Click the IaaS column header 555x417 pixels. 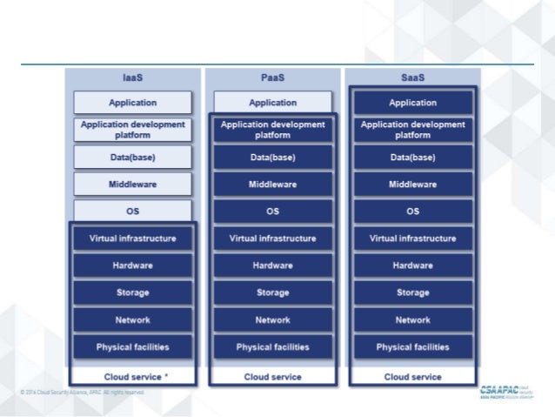pos(132,77)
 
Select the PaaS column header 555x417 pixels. pos(272,77)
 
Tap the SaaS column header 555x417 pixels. pos(412,77)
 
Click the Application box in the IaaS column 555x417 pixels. pos(132,103)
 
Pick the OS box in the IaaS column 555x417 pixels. pos(132,211)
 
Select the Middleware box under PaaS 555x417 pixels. pos(272,184)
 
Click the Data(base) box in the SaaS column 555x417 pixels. pos(412,157)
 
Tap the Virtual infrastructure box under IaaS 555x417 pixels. pos(132,239)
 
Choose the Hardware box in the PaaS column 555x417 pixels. pos(272,266)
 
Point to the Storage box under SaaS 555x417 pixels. pos(412,293)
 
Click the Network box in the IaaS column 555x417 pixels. pos(132,319)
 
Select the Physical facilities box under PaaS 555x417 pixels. pos(272,346)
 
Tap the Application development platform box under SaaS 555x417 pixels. pos(412,130)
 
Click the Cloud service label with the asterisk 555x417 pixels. pos(132,377)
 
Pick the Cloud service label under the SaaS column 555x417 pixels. pos(412,377)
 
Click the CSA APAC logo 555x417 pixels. pos(508,391)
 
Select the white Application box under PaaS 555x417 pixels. pos(272,103)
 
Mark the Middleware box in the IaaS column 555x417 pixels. pos(132,184)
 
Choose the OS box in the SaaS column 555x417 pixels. pos(412,211)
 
